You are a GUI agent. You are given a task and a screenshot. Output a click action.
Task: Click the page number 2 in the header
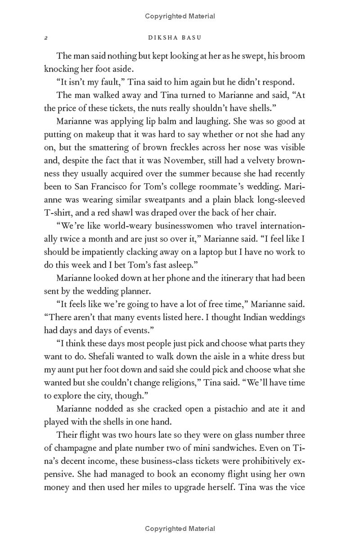click(46, 38)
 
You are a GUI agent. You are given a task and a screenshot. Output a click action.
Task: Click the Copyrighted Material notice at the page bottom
click(180, 529)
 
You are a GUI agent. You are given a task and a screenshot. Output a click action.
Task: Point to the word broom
click(293, 56)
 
